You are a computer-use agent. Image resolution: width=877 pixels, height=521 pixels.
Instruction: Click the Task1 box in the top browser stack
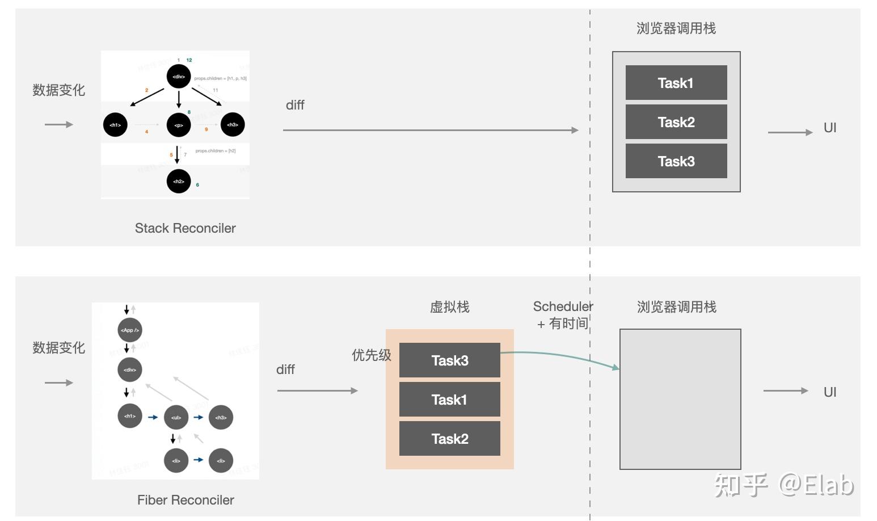coord(676,83)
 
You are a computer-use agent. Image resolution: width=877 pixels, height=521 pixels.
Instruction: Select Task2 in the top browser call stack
coord(676,122)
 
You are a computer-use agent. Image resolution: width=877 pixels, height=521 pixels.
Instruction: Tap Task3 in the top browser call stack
coord(676,161)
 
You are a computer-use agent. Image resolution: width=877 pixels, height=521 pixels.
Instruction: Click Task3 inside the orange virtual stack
coord(449,360)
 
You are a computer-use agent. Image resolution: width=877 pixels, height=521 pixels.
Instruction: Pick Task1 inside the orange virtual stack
coord(449,400)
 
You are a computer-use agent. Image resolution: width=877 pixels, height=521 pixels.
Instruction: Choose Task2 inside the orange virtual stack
coord(449,439)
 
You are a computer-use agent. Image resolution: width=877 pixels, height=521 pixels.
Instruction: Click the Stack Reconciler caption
coord(185,228)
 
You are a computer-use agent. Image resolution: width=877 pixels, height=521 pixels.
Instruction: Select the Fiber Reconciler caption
coord(185,500)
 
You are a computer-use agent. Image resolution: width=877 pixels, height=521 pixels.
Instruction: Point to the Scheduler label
coord(563,306)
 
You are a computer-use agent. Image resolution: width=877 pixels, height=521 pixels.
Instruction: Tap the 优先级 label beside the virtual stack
coord(371,355)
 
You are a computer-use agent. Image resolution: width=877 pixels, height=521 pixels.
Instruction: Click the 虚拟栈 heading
coord(449,307)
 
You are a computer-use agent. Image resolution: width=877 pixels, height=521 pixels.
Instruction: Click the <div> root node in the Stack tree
coord(179,77)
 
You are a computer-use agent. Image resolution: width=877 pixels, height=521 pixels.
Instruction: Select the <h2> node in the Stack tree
coord(179,182)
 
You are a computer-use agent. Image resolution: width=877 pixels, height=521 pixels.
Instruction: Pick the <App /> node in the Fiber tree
coord(130,330)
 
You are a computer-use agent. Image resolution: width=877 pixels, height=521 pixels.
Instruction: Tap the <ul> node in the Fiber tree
coord(176,418)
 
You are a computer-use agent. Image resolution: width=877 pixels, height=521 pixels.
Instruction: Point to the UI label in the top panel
coord(830,128)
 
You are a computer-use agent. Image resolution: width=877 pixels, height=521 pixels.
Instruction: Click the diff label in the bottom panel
coord(285,369)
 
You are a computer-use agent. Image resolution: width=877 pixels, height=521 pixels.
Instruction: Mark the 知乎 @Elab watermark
coord(784,485)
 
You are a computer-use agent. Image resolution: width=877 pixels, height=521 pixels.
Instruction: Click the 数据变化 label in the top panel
coord(58,90)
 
